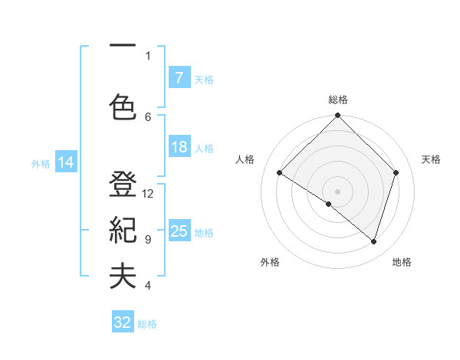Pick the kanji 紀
pos(123,231)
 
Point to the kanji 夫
pos(123,277)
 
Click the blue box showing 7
pos(179,78)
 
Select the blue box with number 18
pos(179,147)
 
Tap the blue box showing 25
pos(179,231)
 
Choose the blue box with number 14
pos(65,162)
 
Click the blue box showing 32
pos(123,322)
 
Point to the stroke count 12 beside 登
pos(148,194)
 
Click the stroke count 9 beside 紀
pos(148,240)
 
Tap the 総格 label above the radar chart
pos(337,100)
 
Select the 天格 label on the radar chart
pos(432,159)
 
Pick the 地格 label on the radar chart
pos(402,262)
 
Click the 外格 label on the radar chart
pos(270,262)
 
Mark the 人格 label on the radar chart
pos(245,159)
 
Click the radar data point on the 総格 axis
pos(337,116)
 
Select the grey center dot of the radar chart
pos(337,191)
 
